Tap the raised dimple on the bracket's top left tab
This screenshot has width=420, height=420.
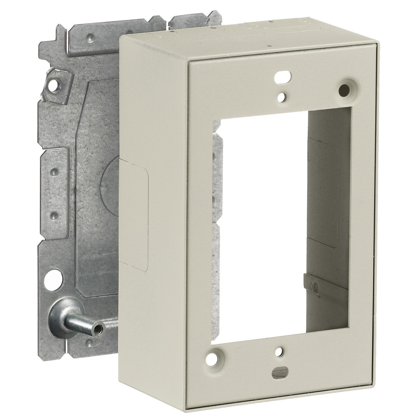coord(90,37)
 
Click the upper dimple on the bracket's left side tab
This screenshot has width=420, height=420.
coord(54,172)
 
